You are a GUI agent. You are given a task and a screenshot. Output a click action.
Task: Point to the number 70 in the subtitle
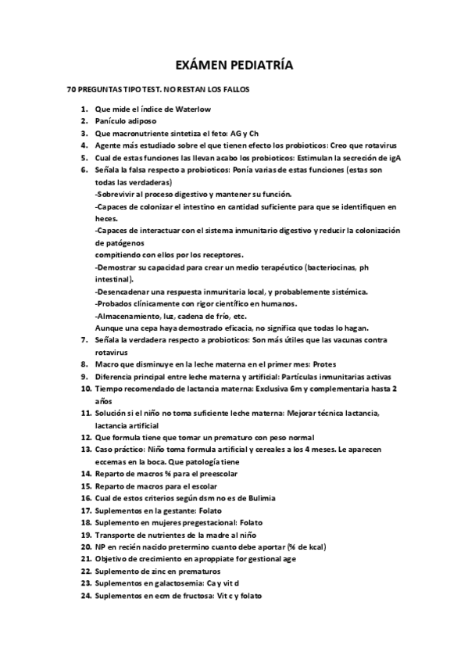point(73,90)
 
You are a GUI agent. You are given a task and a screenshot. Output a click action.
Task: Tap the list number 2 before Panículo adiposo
point(84,121)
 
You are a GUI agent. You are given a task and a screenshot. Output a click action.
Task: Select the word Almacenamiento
point(127,315)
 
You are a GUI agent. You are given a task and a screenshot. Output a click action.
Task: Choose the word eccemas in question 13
point(113,461)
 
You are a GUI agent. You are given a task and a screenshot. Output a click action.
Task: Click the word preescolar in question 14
point(217,473)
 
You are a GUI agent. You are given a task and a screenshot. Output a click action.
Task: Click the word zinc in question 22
point(164,571)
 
